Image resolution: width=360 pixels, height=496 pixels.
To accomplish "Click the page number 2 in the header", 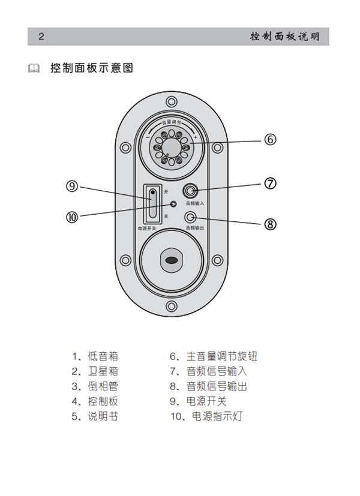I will pos(41,37).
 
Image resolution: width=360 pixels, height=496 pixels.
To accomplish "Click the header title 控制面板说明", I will pos(285,37).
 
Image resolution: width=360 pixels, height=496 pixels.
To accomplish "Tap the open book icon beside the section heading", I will pos(34,68).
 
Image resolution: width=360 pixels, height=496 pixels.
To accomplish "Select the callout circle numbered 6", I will pos(270,139).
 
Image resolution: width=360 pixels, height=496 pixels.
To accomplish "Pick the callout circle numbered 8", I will pos(270,224).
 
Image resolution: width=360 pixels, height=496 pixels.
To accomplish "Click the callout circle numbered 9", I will pos(73,187).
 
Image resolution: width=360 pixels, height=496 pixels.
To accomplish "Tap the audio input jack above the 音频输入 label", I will pos(191,191).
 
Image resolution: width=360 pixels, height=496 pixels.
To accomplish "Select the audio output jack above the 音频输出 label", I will pos(191,217).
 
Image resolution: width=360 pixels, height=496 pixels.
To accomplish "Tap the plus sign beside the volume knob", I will pos(195,137).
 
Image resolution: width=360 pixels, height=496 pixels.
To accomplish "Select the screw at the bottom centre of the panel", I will pos(172,306).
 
